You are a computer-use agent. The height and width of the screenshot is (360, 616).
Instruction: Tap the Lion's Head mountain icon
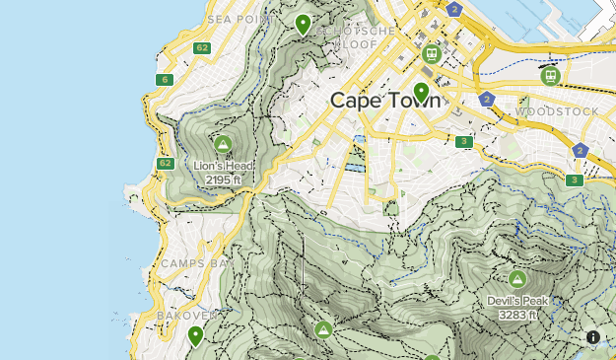point(223,145)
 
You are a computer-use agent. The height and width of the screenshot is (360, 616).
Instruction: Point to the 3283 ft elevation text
point(517,315)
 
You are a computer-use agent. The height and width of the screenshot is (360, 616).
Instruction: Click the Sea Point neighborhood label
point(240,18)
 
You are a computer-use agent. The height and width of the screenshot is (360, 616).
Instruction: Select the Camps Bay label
point(194,263)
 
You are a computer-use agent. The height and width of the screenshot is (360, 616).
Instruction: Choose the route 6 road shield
point(164,80)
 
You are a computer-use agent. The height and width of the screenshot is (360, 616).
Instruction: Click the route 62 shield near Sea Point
point(202,47)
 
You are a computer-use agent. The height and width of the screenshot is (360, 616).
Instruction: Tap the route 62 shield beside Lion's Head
point(165,163)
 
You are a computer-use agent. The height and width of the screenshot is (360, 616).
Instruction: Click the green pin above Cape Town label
point(422,93)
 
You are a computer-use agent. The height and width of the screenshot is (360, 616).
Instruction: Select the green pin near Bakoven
point(196,336)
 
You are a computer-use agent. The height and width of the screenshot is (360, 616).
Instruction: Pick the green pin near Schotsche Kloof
point(303,24)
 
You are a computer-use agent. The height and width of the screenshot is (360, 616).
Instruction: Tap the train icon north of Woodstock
point(550,75)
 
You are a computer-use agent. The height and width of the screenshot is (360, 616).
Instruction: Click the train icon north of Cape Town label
point(431,54)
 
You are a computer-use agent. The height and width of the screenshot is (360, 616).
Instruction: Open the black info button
point(593,337)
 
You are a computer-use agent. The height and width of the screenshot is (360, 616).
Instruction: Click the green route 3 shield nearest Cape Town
point(464,142)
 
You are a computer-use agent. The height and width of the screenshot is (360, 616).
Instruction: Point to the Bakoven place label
point(183,316)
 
